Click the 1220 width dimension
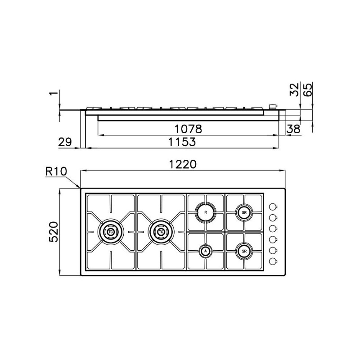coord(183,164)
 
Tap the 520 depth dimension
coord(54,232)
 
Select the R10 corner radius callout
coord(56,171)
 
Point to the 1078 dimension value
coord(188,129)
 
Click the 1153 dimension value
coord(182,142)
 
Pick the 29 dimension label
coord(65,142)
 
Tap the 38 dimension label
coord(293,129)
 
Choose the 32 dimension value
coord(295,89)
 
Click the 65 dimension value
coord(308,89)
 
